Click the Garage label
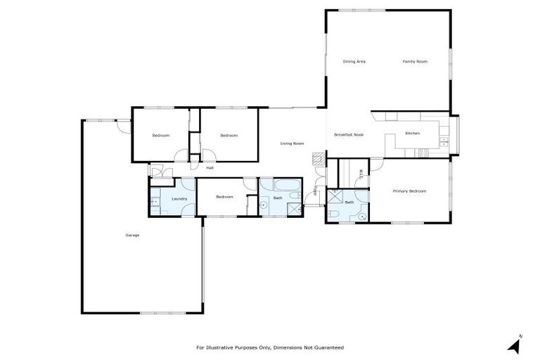[132, 235]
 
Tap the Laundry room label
[179, 199]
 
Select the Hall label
[210, 168]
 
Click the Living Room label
[292, 143]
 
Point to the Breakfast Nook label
[349, 134]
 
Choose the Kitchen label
[412, 134]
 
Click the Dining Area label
[354, 62]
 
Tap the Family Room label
[415, 62]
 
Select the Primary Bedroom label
[409, 191]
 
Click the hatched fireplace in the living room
[319, 158]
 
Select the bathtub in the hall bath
[280, 186]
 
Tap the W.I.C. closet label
[361, 174]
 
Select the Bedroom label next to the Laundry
[224, 197]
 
